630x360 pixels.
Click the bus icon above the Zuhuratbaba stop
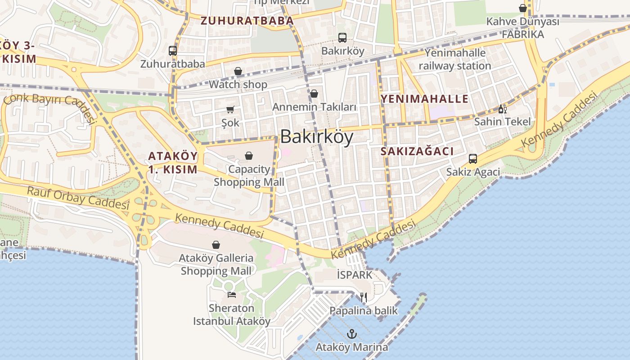(173, 51)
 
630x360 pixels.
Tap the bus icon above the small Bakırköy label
(342, 38)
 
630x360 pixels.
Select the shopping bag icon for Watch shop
(238, 72)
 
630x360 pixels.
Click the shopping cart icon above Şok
(230, 109)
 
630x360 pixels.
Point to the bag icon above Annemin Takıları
(314, 94)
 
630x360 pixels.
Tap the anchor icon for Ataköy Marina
(352, 334)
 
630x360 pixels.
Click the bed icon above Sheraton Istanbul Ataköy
(232, 295)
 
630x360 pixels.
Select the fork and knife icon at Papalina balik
(364, 297)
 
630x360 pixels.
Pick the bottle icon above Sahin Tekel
(502, 109)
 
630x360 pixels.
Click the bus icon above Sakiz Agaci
(473, 158)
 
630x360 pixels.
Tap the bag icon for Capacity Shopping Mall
(249, 156)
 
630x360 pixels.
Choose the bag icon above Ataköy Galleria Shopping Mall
(216, 245)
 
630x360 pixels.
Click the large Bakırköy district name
(317, 137)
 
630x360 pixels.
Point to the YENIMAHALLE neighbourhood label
(425, 99)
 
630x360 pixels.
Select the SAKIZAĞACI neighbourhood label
(417, 151)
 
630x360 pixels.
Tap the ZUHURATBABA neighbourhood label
(247, 20)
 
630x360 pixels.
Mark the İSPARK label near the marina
(355, 274)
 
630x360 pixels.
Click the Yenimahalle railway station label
(455, 59)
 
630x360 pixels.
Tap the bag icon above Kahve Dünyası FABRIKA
(523, 8)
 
